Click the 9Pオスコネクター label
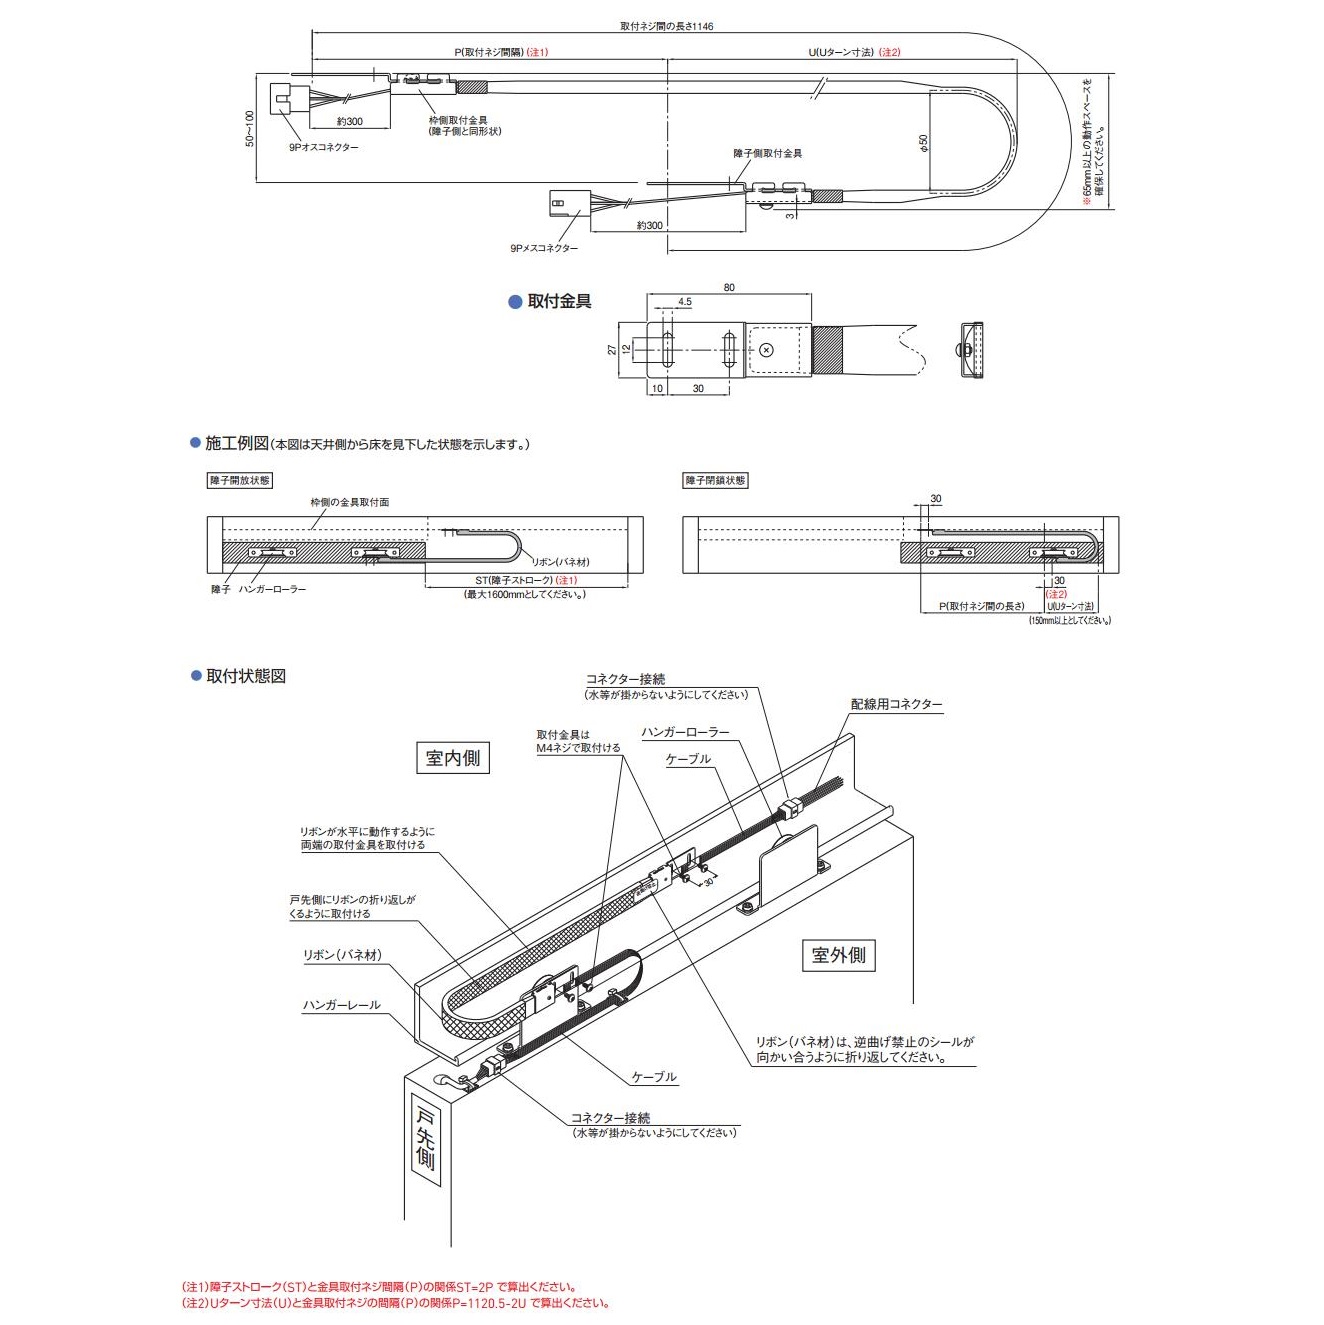(323, 147)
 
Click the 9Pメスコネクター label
(543, 248)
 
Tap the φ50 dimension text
(924, 143)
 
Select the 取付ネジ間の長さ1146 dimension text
(666, 27)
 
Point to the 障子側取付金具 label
(767, 153)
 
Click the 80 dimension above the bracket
(729, 287)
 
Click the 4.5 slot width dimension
(684, 301)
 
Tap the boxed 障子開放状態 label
(239, 481)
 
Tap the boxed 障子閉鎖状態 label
(715, 481)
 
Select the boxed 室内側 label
(452, 758)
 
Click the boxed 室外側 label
(838, 955)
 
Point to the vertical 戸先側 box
(425, 1140)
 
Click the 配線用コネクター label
(896, 704)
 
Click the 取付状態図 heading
(246, 676)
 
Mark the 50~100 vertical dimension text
(250, 128)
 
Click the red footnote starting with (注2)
(395, 1303)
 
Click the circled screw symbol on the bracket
(766, 349)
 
